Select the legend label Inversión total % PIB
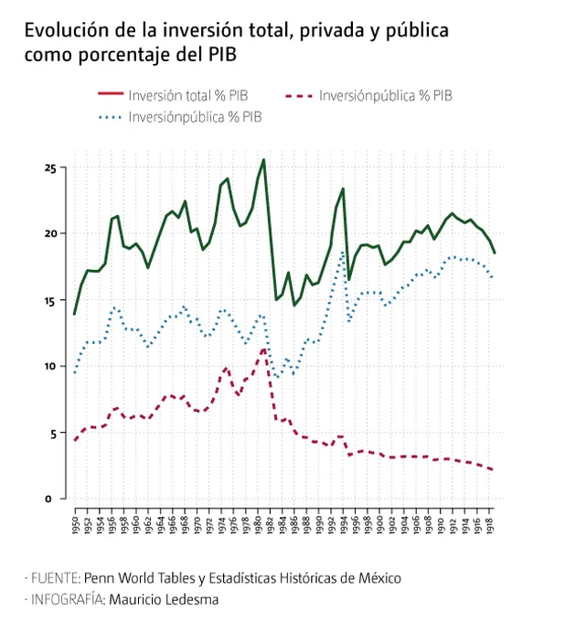pos(187,94)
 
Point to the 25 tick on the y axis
pos(50,168)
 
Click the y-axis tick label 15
pos(50,301)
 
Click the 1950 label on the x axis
pos(75,526)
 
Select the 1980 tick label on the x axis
pos(259,526)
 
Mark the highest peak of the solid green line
pos(264,160)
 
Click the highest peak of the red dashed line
pos(264,348)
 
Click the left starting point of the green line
pos(75,314)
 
